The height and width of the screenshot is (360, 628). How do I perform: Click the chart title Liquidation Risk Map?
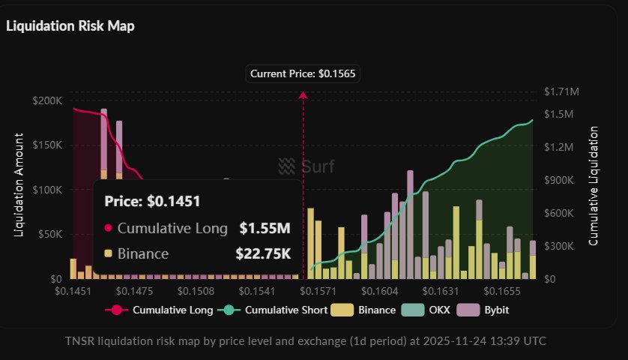click(70, 25)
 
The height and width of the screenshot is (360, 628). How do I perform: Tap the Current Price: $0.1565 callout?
click(303, 73)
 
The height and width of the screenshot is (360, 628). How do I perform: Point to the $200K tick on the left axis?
click(48, 100)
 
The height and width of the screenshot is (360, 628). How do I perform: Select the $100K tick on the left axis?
click(48, 190)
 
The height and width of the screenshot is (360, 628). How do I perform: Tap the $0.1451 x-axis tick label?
click(73, 291)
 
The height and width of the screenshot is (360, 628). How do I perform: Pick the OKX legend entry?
click(433, 310)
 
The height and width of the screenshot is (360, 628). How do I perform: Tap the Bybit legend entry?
click(491, 310)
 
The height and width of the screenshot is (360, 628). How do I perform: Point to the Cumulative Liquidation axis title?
click(594, 186)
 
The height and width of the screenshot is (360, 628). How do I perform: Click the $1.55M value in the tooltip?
click(265, 228)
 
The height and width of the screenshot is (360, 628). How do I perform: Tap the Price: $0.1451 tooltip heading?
click(152, 201)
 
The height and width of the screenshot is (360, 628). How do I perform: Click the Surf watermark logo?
click(306, 166)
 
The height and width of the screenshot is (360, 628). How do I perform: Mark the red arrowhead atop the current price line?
click(303, 95)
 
